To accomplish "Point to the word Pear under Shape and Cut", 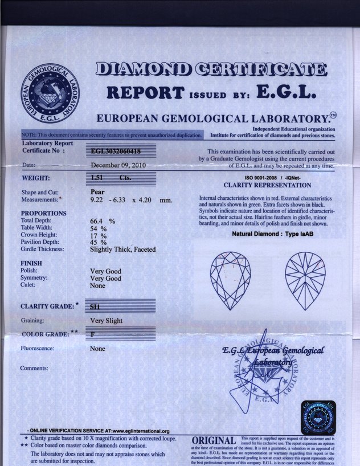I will click(97, 192).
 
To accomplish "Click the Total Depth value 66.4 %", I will click(103, 220).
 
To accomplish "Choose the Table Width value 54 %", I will click(99, 228).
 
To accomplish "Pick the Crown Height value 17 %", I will click(99, 235).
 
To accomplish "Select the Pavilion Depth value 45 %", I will click(99, 242).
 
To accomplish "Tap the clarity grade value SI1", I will click(95, 306).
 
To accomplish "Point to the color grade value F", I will click(92, 334).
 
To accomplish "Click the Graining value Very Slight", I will click(107, 321).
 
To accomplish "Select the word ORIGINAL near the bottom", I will click(214, 442).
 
